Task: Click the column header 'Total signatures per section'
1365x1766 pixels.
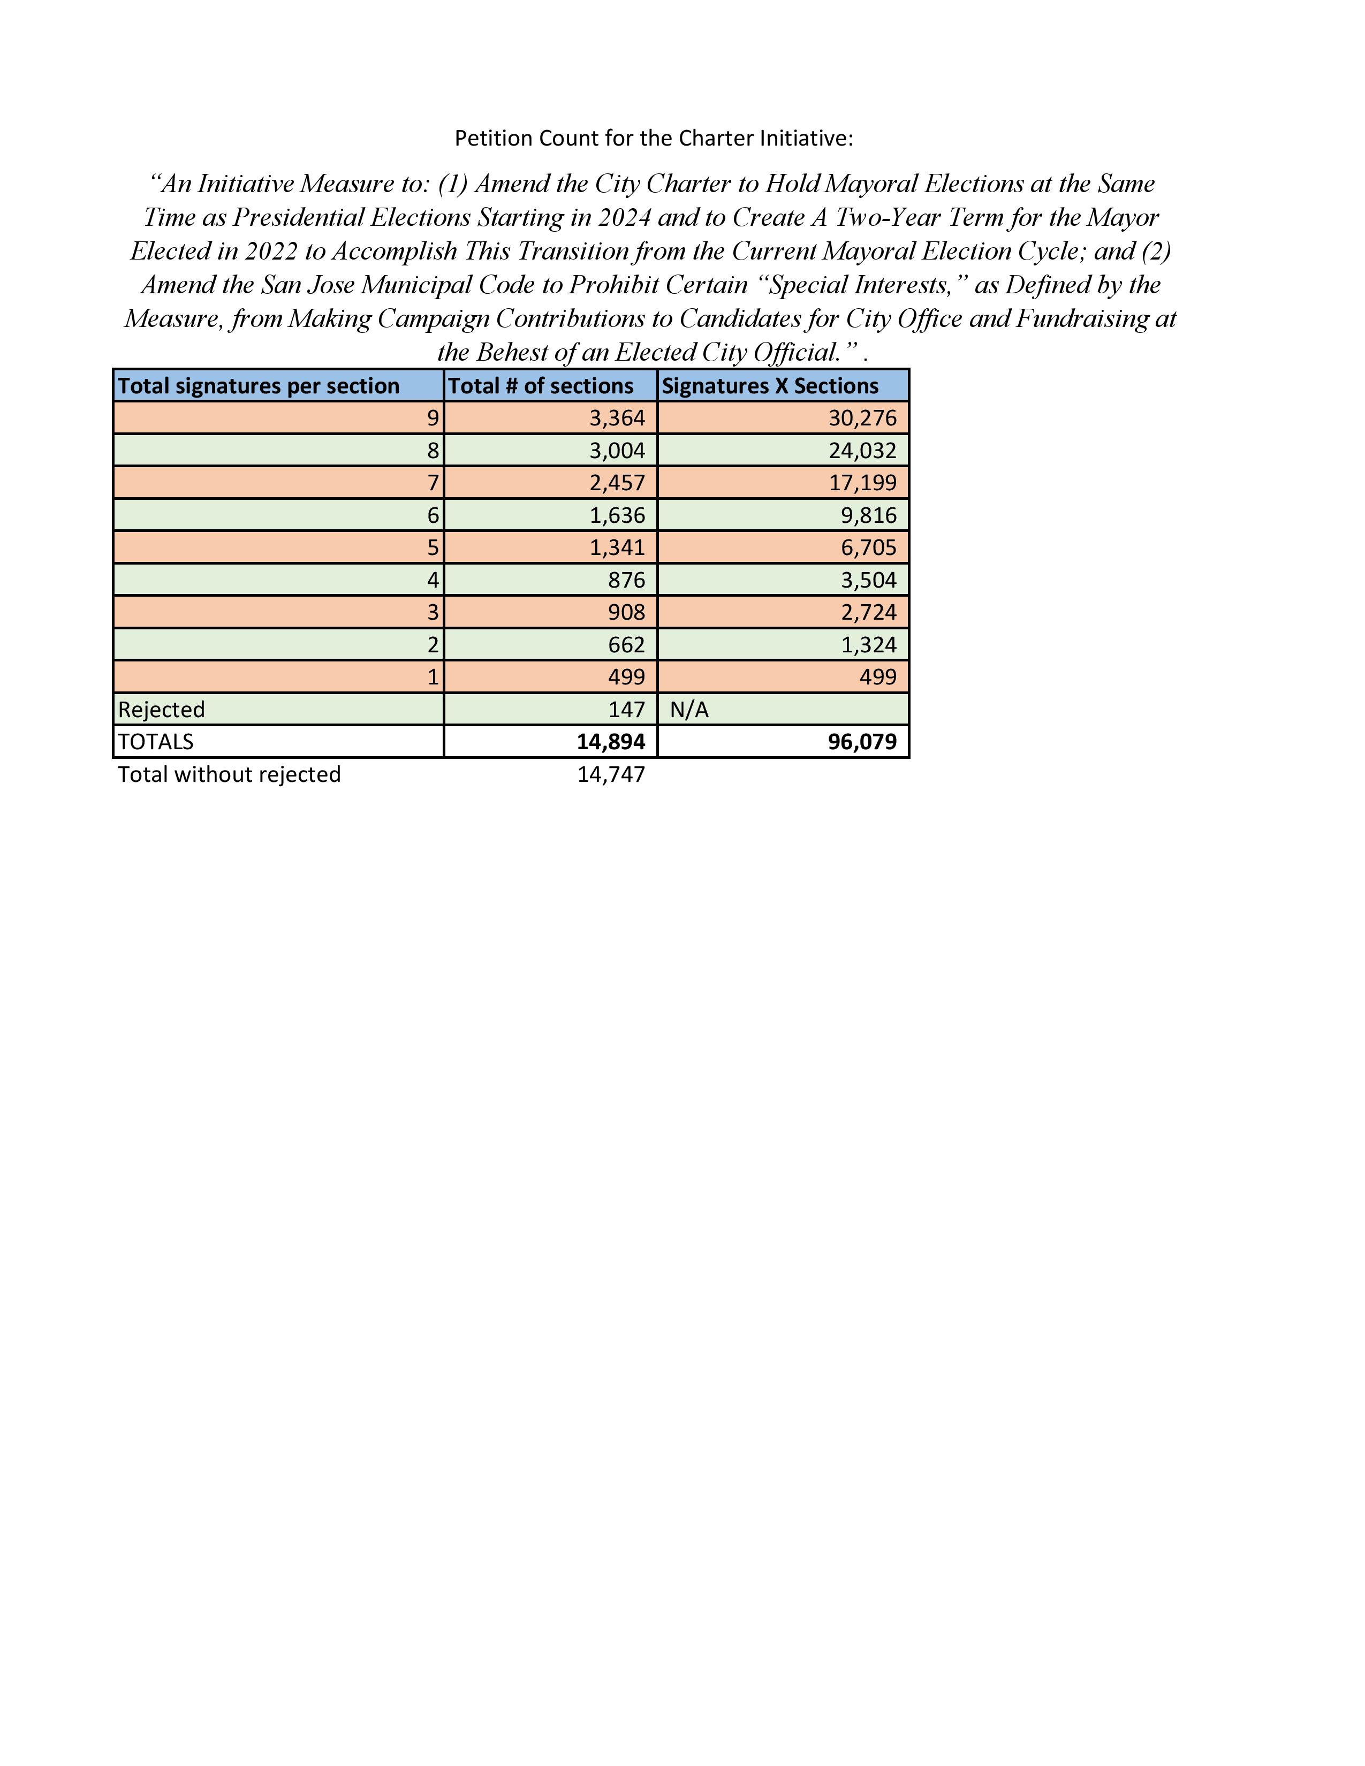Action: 259,386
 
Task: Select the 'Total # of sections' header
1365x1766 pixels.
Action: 540,386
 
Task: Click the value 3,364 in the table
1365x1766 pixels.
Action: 617,418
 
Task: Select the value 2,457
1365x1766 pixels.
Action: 617,483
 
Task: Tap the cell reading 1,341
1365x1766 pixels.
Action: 617,547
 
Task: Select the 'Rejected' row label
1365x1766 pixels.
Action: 162,709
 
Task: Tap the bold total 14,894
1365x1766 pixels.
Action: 611,742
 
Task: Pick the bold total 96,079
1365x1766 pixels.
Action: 862,742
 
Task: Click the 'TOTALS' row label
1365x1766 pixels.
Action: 156,742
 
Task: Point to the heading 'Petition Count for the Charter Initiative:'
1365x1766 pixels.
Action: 654,138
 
